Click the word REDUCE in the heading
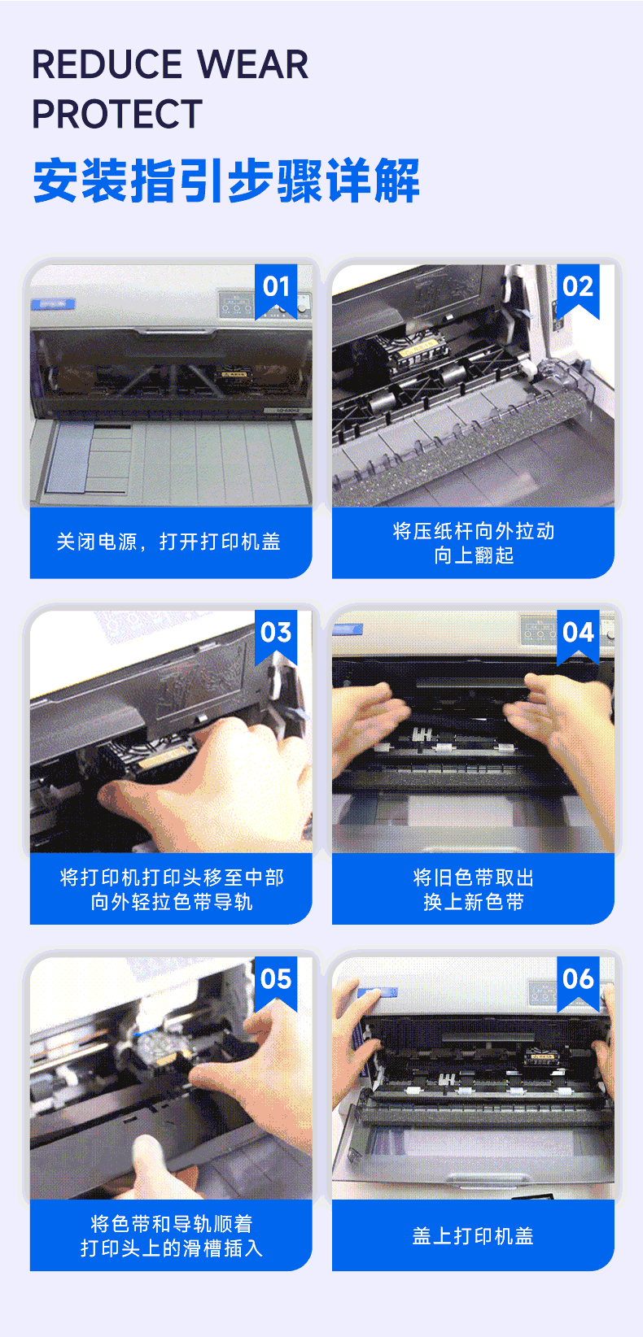107,64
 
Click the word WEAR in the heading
253,64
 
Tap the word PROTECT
117,114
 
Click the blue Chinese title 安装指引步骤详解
226,181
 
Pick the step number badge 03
276,634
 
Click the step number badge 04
578,634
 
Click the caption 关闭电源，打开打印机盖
168,542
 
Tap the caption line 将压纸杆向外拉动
473,530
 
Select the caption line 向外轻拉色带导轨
172,902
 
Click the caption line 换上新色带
473,902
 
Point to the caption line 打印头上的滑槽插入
172,1248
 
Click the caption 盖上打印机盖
473,1235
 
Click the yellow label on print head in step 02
418,348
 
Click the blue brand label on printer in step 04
348,629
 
